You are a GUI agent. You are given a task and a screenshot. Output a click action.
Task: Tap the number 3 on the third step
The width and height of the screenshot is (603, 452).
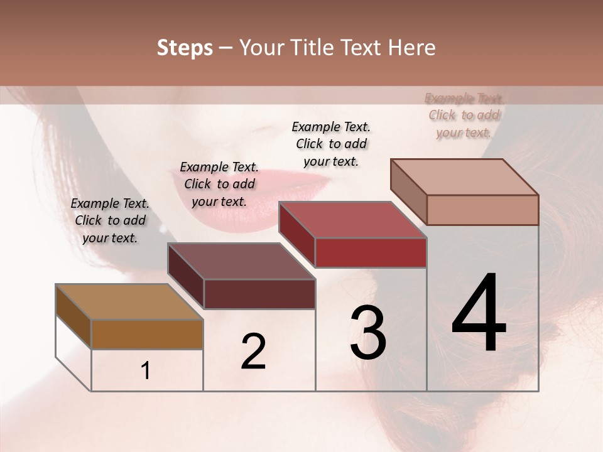(367, 333)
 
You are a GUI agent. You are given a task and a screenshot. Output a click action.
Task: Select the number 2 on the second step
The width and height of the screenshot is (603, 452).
(253, 352)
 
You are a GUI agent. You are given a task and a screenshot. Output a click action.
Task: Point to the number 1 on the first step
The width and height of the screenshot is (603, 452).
(145, 371)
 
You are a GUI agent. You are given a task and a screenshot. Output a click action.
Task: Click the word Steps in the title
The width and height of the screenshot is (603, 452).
(185, 48)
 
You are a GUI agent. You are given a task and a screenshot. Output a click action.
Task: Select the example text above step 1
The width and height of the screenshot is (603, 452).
(110, 220)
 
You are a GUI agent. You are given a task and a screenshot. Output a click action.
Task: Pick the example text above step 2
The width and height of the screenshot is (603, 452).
(219, 184)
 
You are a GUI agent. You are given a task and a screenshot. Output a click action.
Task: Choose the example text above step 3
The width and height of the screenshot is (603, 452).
(331, 144)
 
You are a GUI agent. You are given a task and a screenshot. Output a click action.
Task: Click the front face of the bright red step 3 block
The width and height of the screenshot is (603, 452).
(371, 253)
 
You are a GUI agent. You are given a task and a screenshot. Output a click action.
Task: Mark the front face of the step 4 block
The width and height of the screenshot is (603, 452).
(482, 210)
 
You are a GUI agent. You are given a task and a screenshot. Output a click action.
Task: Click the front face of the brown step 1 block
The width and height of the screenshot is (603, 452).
(147, 334)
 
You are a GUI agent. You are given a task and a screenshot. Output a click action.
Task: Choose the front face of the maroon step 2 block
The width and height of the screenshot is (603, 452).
(259, 294)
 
